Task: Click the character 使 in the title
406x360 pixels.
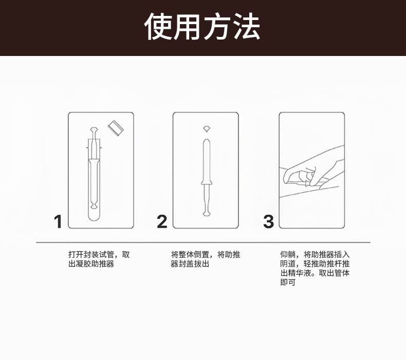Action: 158,27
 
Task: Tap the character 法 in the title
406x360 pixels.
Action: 247,27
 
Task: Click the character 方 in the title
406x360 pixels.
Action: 217,27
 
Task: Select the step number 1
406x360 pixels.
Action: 58,221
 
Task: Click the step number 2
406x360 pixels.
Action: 162,221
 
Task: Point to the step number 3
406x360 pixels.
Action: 268,221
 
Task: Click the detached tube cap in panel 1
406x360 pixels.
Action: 116,128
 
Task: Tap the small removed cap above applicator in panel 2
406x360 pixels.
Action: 206,129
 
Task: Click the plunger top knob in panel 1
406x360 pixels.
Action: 94,129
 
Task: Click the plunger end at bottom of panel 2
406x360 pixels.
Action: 207,213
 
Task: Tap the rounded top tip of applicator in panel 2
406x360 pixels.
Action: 207,141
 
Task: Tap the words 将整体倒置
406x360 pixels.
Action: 190,255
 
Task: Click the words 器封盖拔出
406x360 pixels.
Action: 190,264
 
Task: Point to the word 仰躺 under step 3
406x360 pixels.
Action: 288,255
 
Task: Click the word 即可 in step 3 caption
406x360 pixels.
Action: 288,282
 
